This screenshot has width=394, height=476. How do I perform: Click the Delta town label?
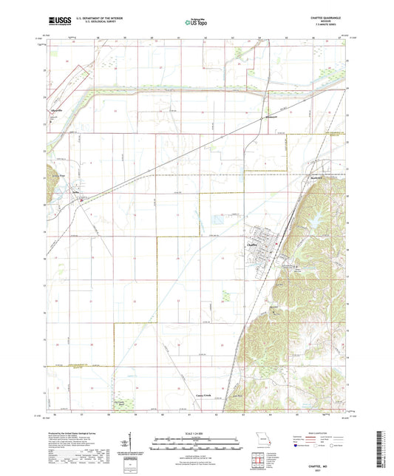[x=75, y=195]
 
